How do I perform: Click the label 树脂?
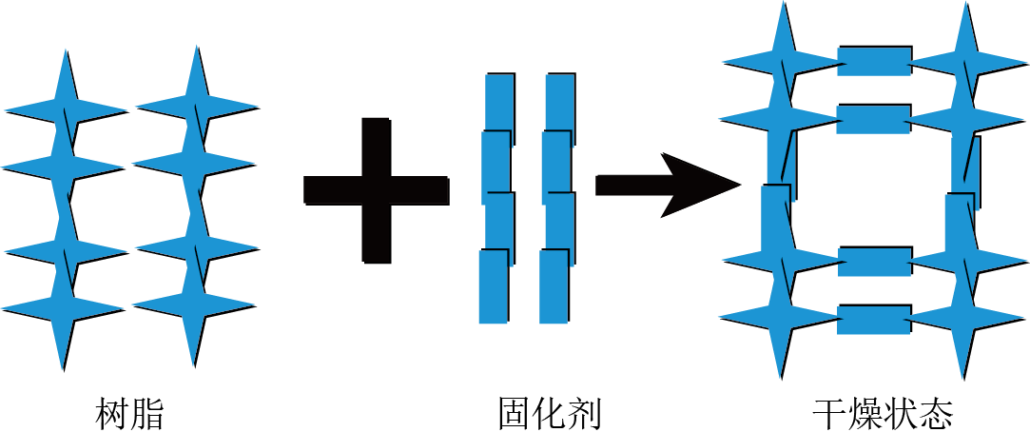tap(129, 414)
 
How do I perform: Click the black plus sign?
tap(377, 190)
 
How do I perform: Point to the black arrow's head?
tap(700, 186)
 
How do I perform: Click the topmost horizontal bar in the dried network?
tap(874, 61)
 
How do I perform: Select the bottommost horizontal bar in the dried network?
tap(874, 320)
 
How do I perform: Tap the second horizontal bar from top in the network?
tap(874, 119)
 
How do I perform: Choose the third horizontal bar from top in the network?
tap(874, 262)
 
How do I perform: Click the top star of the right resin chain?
tap(197, 106)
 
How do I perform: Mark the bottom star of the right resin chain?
tap(194, 305)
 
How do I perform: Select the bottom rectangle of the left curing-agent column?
tap(494, 286)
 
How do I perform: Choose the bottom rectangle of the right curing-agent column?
tap(554, 286)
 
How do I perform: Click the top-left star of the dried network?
tap(783, 62)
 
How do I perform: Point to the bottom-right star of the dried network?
tap(965, 320)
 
